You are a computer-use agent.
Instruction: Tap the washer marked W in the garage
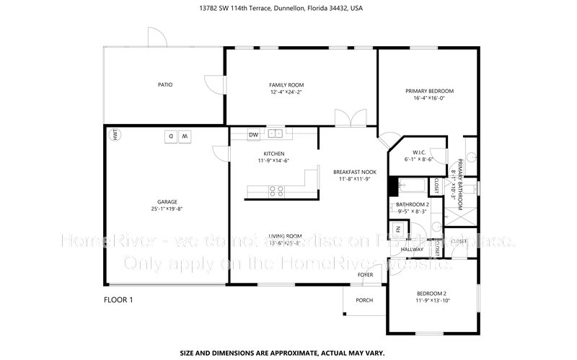point(185,136)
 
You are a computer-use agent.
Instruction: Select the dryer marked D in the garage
point(171,136)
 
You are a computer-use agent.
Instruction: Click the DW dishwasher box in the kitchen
point(254,134)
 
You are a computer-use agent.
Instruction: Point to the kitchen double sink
point(275,133)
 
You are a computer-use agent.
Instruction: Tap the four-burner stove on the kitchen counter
point(275,191)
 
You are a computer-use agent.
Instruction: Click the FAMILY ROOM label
point(286,85)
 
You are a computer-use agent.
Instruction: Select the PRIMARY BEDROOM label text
point(429,91)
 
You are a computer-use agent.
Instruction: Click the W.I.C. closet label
point(418,152)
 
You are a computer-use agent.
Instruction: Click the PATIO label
point(165,85)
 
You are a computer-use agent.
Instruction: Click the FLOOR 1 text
point(118,299)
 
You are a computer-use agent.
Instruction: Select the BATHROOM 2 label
point(413,205)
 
